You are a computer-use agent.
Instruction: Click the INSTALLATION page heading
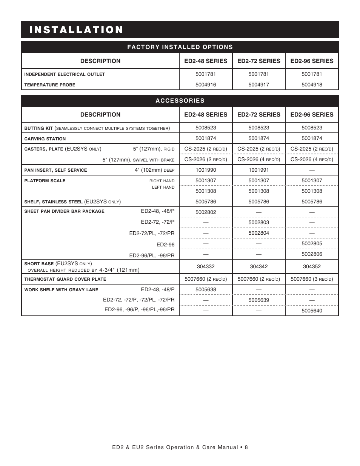[x=76, y=30]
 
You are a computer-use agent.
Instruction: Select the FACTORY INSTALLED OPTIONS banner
[x=180, y=47]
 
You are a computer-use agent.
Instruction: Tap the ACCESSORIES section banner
[x=180, y=101]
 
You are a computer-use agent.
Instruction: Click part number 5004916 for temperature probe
[x=206, y=85]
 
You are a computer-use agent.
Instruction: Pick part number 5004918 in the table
[x=312, y=85]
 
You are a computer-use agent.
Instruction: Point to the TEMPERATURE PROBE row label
[x=49, y=85]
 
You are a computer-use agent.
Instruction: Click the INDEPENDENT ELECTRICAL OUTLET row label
[x=65, y=74]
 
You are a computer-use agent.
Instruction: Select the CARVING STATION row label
[x=45, y=139]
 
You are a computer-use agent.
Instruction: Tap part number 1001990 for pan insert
[x=206, y=170]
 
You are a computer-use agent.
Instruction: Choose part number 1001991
[x=258, y=170]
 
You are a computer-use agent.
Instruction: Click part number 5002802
[x=206, y=212]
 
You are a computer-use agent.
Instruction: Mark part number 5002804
[x=258, y=233]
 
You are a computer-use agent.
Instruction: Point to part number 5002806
[x=312, y=254]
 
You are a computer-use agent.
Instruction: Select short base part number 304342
[x=258, y=266]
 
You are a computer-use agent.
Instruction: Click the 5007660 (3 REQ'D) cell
[x=312, y=279]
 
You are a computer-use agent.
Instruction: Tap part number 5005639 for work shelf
[x=258, y=300]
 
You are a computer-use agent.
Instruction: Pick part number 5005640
[x=312, y=311]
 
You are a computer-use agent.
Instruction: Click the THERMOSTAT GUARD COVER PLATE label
[x=65, y=279]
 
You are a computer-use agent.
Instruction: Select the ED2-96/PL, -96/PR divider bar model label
[x=152, y=255]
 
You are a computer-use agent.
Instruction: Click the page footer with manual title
[x=180, y=448]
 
